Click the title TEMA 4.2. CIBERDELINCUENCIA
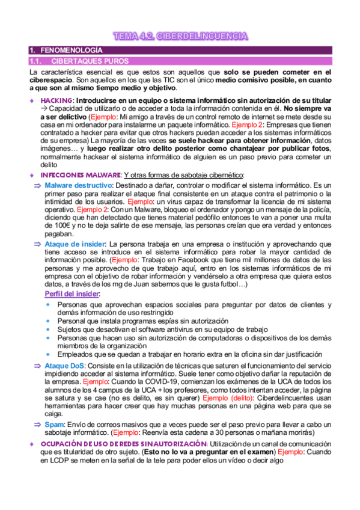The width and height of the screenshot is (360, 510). pos(180,37)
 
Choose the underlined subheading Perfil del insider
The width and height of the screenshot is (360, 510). pos(72,293)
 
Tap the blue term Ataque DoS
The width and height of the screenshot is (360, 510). pos(64,365)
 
